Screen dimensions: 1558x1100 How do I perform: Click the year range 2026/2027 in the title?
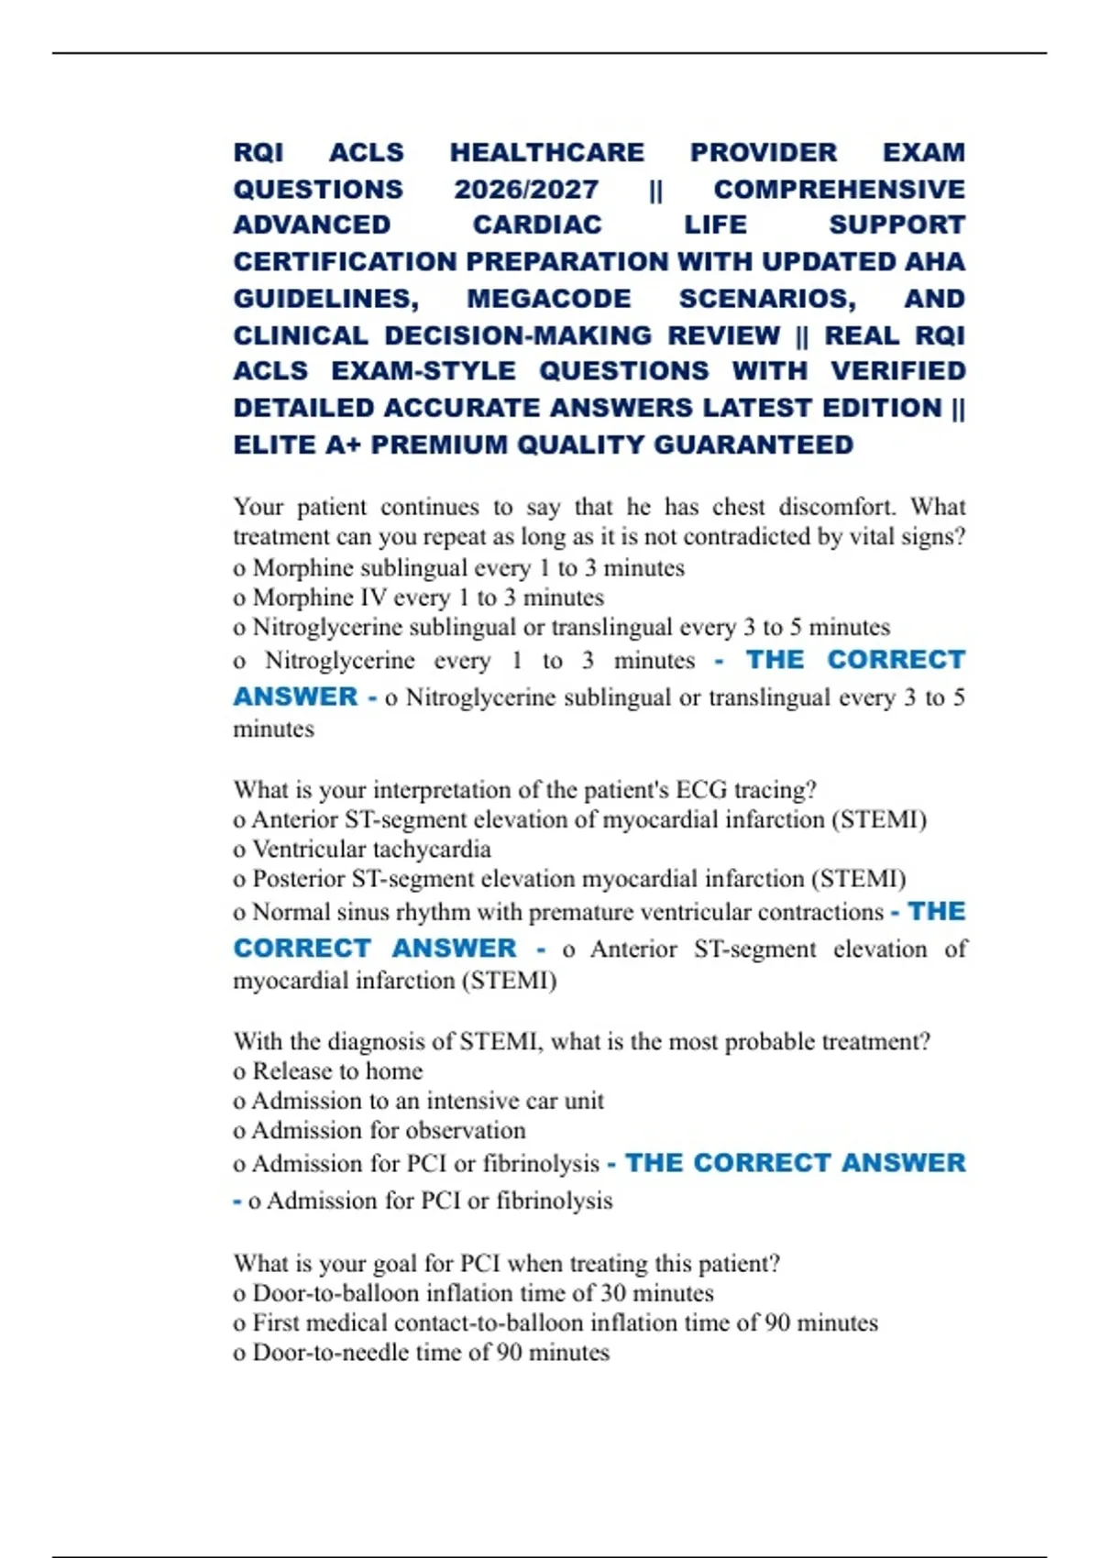(x=525, y=189)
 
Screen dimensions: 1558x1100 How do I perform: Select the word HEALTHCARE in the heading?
(x=546, y=152)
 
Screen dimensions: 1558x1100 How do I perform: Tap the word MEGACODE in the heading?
(x=548, y=299)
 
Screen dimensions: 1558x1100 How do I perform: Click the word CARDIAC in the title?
(x=537, y=225)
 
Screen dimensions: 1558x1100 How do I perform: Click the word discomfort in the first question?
(x=837, y=507)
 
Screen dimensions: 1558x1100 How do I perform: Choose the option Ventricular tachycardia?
(x=371, y=850)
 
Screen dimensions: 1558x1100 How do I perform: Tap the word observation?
(x=468, y=1130)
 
